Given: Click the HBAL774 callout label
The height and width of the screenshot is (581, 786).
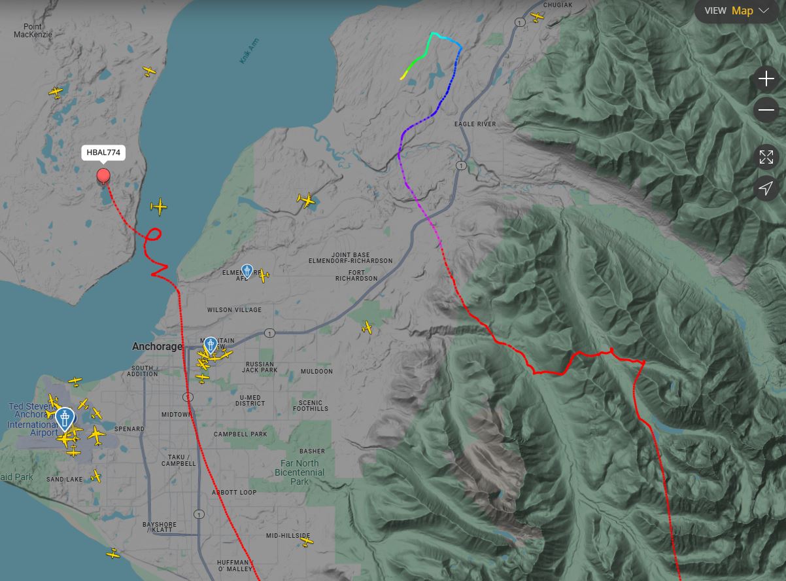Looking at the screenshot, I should [x=103, y=152].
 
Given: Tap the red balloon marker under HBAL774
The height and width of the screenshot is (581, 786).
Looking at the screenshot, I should [x=103, y=175].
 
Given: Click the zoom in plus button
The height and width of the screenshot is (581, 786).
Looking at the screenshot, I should [x=765, y=79].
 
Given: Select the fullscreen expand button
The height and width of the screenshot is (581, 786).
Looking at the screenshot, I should [x=765, y=157].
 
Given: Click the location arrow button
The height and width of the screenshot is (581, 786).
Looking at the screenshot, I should [x=765, y=188].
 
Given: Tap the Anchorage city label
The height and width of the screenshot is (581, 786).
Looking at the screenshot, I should [x=157, y=346].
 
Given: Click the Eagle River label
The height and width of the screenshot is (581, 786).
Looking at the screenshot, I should [x=475, y=124].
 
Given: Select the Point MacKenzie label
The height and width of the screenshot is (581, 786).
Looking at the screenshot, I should [x=33, y=30].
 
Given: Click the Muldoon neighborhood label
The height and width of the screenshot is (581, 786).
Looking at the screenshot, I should [x=316, y=372].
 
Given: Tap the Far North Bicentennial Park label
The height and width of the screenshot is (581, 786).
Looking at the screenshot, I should [x=299, y=472].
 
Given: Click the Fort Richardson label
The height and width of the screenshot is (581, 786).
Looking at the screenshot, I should [x=356, y=275].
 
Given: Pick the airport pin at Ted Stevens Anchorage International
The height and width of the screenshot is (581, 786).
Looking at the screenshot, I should [x=65, y=417].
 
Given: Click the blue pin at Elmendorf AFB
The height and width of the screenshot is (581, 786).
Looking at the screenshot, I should [x=247, y=270].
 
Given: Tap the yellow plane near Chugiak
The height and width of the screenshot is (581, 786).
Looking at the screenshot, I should [x=537, y=16].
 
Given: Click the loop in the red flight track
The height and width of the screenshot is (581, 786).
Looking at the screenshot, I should [x=154, y=235].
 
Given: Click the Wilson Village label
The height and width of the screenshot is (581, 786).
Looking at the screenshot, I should [x=234, y=309].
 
